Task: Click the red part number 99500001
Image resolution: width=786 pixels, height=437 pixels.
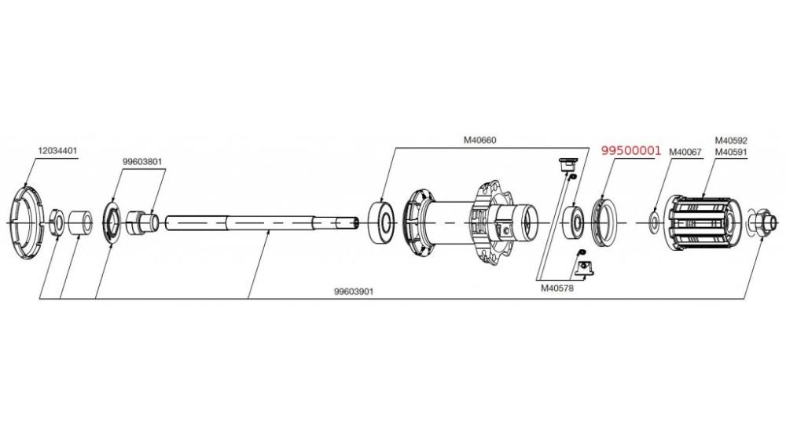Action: [x=631, y=150]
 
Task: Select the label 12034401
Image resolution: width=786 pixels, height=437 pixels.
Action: [x=57, y=150]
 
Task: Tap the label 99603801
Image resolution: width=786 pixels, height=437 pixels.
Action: [x=141, y=162]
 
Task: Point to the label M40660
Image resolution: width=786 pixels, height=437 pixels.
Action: [x=479, y=141]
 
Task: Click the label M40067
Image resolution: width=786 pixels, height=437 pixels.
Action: [x=685, y=152]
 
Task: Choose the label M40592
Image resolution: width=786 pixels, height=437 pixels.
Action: [x=731, y=141]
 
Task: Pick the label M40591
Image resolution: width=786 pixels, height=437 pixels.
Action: [x=731, y=152]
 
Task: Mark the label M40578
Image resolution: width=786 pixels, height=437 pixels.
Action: [x=557, y=288]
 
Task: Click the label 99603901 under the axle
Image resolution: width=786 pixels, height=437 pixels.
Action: [x=354, y=292]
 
